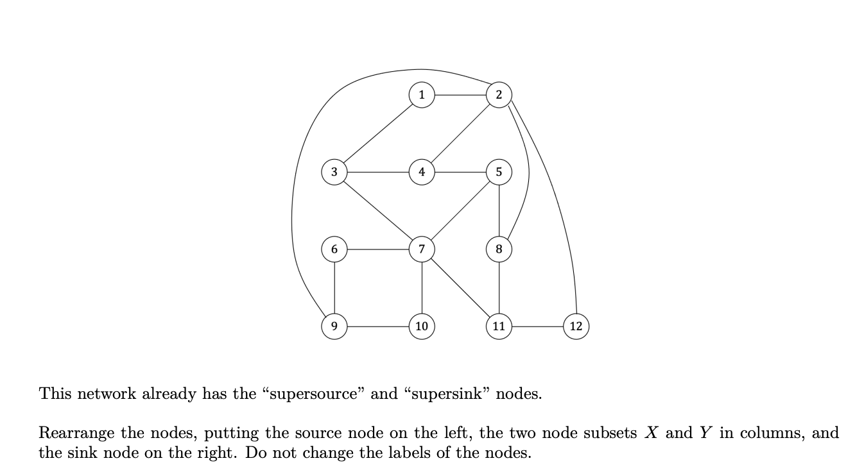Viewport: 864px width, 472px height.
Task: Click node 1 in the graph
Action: click(421, 95)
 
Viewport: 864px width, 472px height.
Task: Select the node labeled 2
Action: click(499, 95)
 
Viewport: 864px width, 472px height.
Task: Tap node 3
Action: click(334, 172)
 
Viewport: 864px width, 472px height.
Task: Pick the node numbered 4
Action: click(421, 172)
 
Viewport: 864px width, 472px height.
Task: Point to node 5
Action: click(499, 172)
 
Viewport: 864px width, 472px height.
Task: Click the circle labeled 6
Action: click(334, 249)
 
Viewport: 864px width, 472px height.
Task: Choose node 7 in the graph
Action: click(421, 249)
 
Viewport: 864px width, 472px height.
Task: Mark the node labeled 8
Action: click(499, 249)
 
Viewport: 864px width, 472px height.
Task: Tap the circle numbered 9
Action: click(334, 326)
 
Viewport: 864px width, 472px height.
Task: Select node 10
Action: click(421, 326)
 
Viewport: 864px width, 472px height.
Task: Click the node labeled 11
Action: click(499, 326)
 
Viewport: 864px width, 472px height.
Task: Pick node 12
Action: click(576, 326)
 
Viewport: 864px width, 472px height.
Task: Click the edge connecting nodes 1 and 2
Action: click(460, 95)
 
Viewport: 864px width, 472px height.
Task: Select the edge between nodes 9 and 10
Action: click(377, 326)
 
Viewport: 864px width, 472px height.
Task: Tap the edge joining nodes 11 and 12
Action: click(537, 326)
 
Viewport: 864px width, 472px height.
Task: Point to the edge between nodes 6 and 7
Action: click(377, 249)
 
